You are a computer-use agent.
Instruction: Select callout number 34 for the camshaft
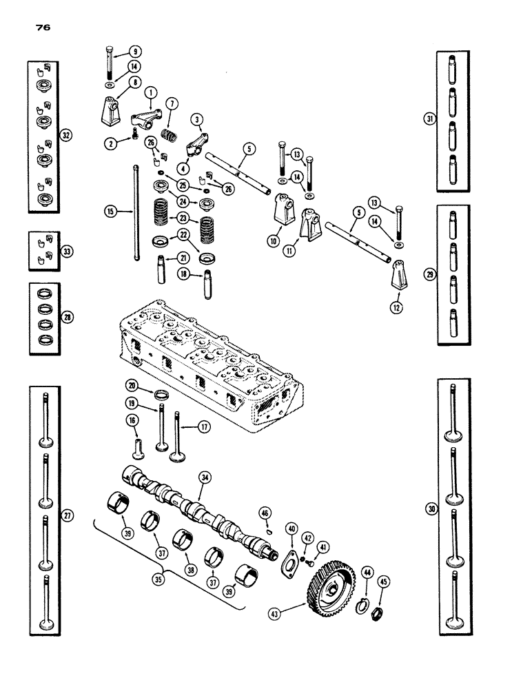205,477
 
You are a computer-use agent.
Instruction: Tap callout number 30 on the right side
432,508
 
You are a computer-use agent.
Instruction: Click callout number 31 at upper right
431,119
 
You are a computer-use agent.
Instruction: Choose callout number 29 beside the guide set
431,274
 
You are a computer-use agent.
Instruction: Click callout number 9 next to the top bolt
135,50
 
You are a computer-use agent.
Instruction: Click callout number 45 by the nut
384,581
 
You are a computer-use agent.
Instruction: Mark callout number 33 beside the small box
66,252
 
